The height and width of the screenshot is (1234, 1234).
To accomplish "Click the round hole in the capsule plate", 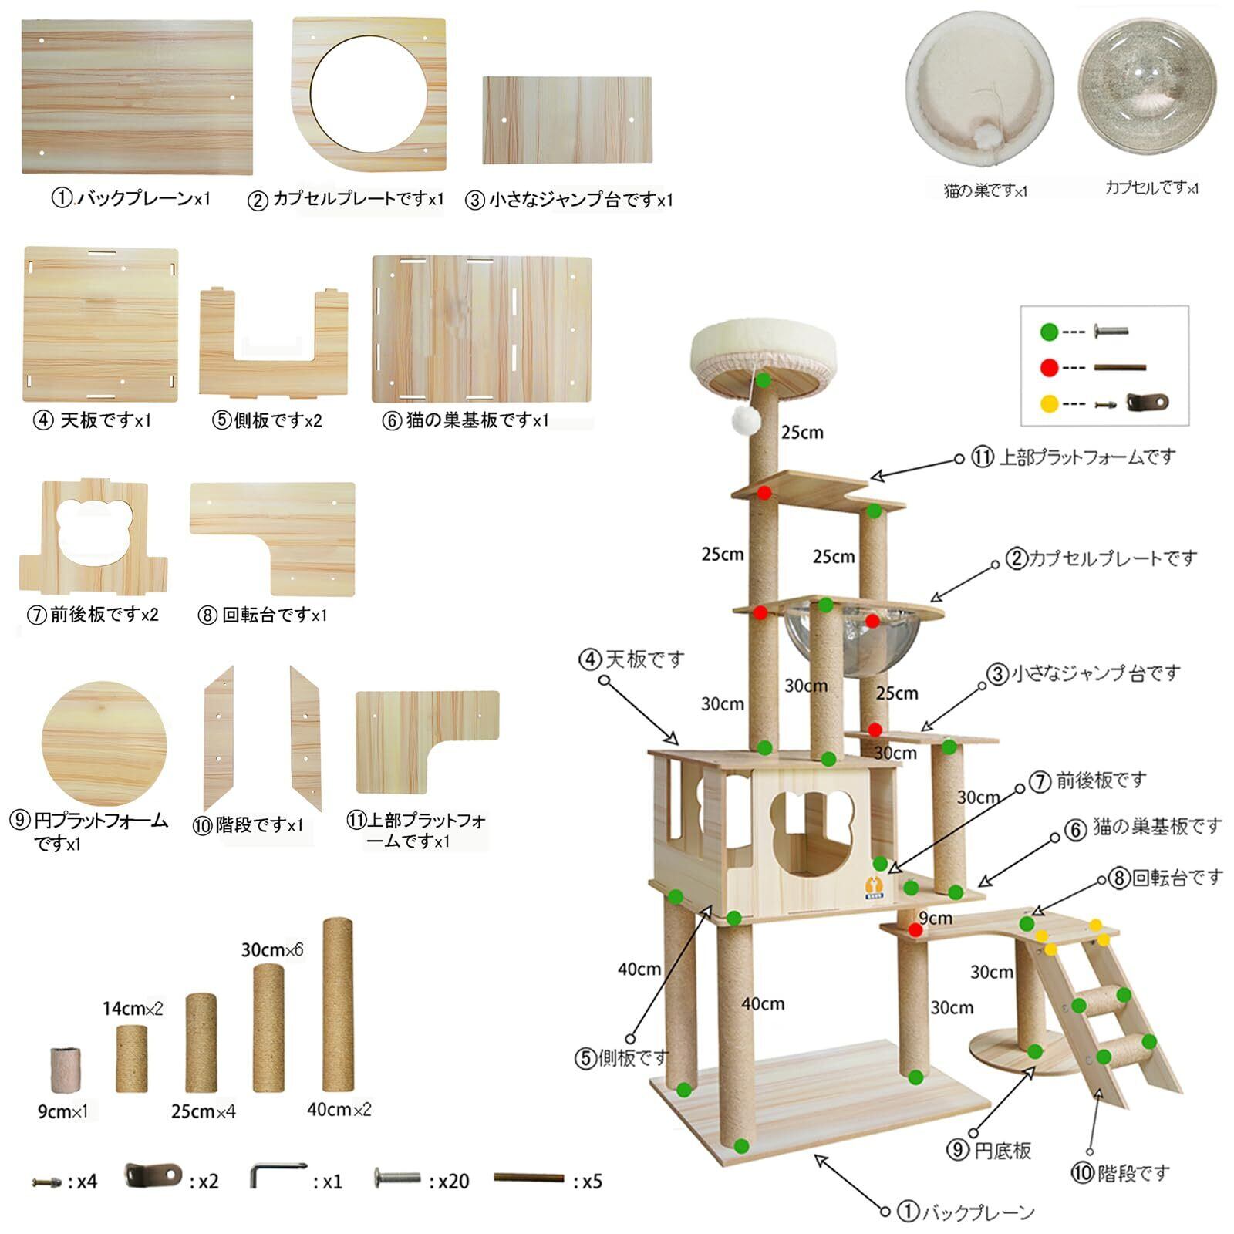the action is click(369, 94).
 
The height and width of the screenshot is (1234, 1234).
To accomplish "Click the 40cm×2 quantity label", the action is click(339, 1109).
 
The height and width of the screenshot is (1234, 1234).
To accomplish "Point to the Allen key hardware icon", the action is click(278, 1177).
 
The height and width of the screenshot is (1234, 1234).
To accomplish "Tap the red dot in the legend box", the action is click(1049, 368).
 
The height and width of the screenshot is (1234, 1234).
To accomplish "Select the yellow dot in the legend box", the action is click(1049, 403).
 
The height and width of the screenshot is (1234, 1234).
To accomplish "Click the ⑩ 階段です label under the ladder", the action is click(1120, 1173).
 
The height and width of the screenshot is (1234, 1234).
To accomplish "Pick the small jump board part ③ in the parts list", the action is click(567, 120).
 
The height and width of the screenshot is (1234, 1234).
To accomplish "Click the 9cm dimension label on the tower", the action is click(936, 918).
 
